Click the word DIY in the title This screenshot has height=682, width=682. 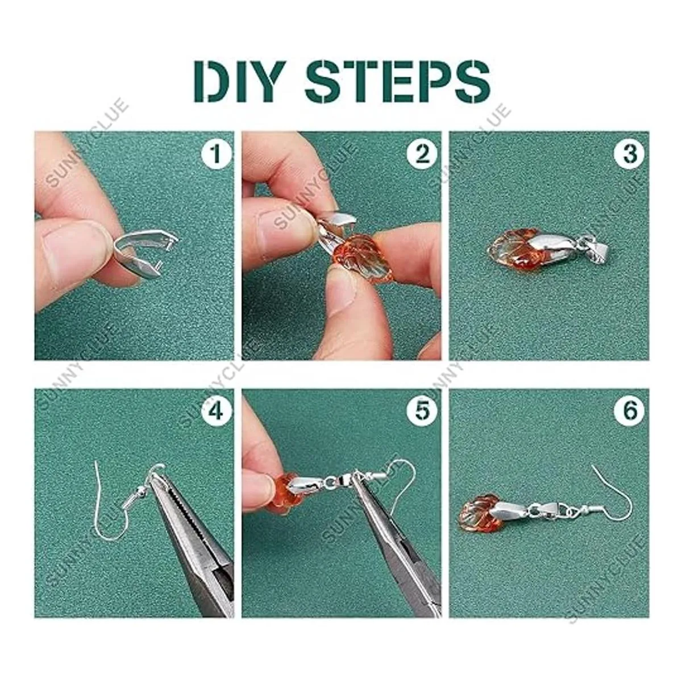coord(236,82)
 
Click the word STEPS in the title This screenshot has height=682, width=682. coord(397,82)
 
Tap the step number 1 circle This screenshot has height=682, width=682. coord(216,155)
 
